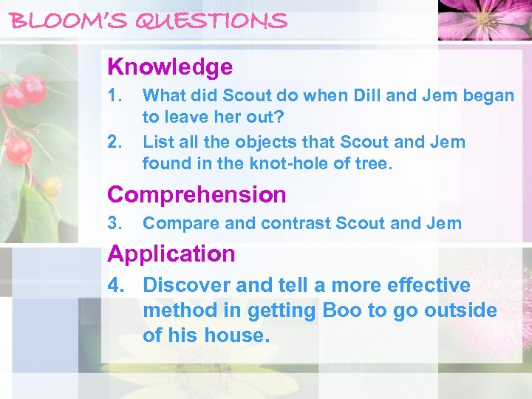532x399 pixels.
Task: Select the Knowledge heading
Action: point(170,67)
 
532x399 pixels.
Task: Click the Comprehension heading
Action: point(197,194)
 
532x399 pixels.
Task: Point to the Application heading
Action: point(171,253)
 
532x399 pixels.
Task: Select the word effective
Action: point(423,285)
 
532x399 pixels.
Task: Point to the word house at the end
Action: point(233,335)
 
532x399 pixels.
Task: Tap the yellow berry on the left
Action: point(52,185)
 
